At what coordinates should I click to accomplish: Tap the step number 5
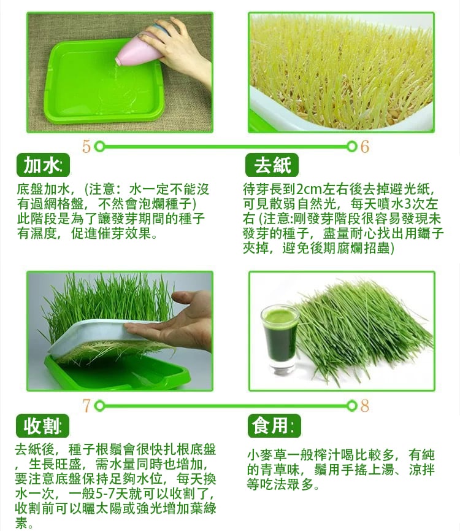86,147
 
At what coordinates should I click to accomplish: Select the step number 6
364,147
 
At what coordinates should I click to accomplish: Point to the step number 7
86,406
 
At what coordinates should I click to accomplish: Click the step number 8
364,406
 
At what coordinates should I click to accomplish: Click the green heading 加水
43,165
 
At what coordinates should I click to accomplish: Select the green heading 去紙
272,165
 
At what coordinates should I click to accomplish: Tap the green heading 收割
42,425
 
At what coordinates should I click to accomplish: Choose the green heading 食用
274,425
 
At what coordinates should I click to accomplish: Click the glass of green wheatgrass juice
280,339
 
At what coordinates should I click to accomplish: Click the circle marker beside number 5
99,147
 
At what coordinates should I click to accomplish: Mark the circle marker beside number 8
353,406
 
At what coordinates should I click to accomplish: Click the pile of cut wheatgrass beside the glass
362,332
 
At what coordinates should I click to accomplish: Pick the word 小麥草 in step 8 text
267,455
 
